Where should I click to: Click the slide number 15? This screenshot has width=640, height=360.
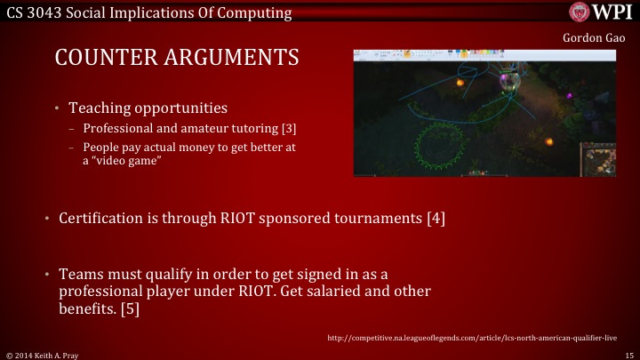[x=628, y=354]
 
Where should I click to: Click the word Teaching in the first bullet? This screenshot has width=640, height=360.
[x=99, y=108]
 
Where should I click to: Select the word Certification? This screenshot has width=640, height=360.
[x=103, y=218]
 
